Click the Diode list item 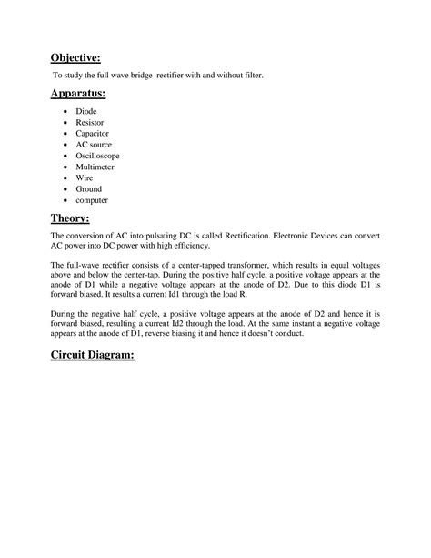click(100, 112)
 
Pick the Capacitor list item click(107, 134)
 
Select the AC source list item click(108, 145)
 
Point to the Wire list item click(98, 178)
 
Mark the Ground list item click(102, 188)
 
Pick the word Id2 click(233, 324)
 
